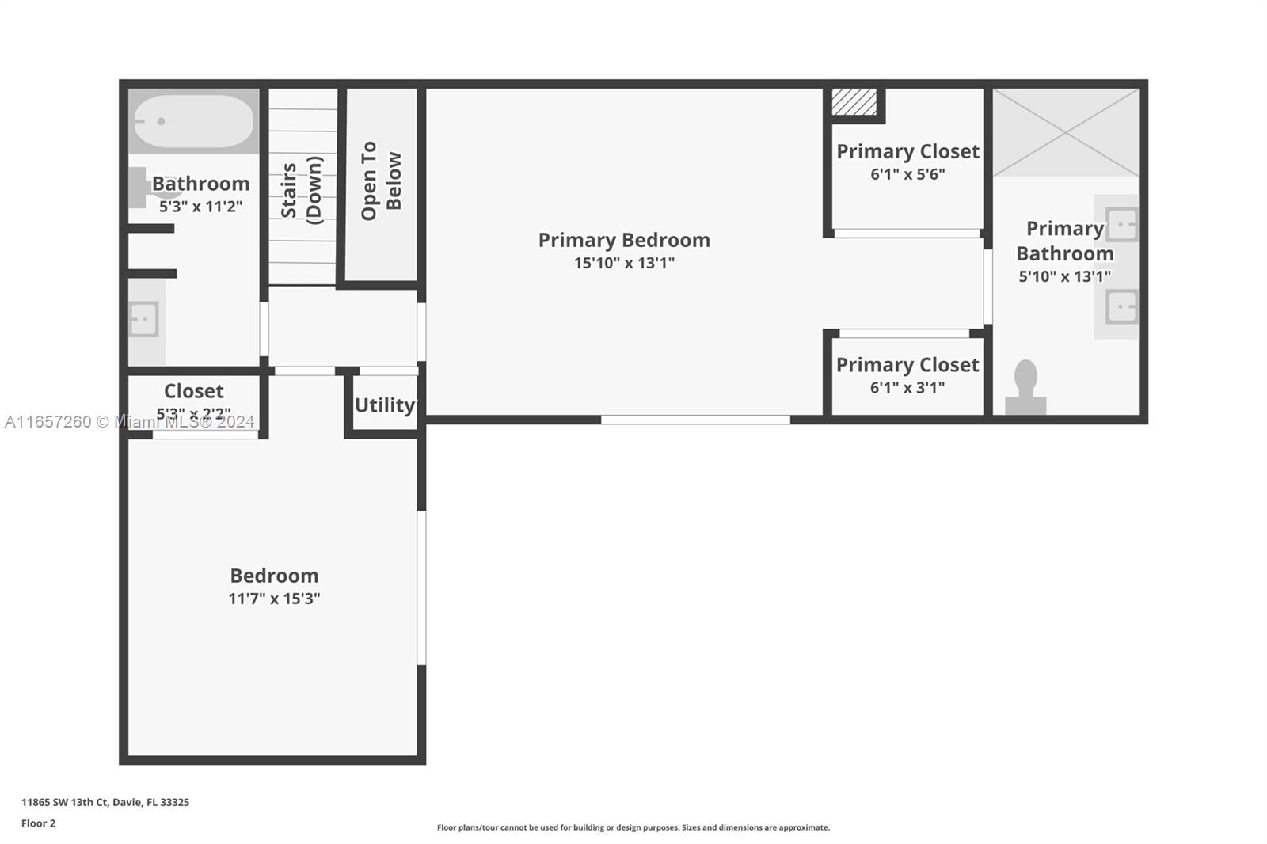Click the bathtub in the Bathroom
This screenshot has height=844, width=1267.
point(193,121)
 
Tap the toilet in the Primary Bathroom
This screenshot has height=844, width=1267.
point(1025,387)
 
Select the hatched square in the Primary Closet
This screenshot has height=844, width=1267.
point(854,102)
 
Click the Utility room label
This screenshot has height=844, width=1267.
point(385,405)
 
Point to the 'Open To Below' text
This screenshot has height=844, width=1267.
point(381,181)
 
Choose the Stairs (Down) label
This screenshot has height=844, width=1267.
point(302,190)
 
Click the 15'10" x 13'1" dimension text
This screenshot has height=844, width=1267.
point(624,263)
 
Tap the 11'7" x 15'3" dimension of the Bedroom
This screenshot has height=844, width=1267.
point(274,599)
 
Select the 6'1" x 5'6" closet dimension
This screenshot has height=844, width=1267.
point(907,174)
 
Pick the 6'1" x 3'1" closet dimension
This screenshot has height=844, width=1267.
point(907,388)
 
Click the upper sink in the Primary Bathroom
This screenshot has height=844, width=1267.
point(1121,225)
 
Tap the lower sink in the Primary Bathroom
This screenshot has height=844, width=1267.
point(1121,306)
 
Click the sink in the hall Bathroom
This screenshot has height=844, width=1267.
point(143,320)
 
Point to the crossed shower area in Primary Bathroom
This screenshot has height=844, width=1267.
point(1066,133)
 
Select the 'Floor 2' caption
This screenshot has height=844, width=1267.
point(39,823)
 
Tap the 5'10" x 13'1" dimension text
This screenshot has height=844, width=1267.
point(1064,276)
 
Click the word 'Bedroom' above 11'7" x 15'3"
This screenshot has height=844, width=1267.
point(274,576)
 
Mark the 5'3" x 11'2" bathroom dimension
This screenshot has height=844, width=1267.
point(200,207)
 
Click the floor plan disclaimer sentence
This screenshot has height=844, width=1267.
point(633,827)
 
